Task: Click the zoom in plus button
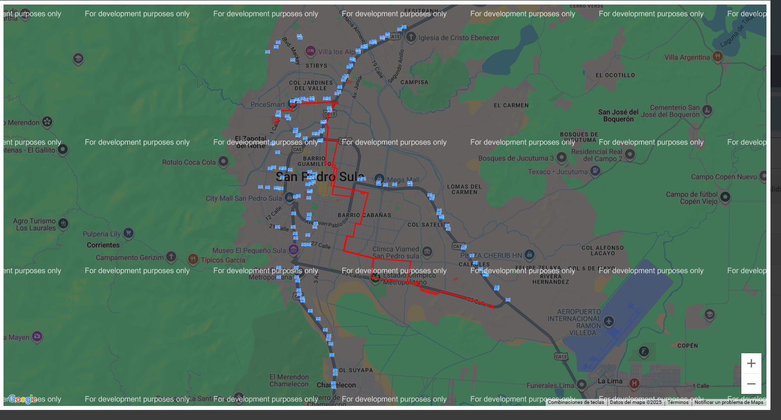pyautogui.click(x=751, y=363)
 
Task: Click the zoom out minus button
pyautogui.click(x=751, y=384)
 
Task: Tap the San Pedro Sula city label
pyautogui.click(x=320, y=177)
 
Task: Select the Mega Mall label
pyautogui.click(x=403, y=180)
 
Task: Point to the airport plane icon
pyautogui.click(x=609, y=321)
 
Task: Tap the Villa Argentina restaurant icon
pyautogui.click(x=717, y=57)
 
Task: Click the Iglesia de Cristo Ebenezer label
pyautogui.click(x=459, y=38)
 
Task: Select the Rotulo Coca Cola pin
pyautogui.click(x=223, y=162)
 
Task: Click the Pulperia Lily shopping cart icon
pyautogui.click(x=128, y=233)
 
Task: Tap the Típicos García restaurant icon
pyautogui.click(x=193, y=259)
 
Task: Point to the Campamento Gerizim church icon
pyautogui.click(x=171, y=257)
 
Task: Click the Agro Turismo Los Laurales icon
pyautogui.click(x=63, y=223)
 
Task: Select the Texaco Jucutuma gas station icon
pyautogui.click(x=595, y=171)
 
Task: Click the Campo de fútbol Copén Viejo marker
pyautogui.click(x=725, y=197)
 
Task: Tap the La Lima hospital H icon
pyautogui.click(x=634, y=384)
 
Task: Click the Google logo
pyautogui.click(x=23, y=399)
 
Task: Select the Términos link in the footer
pyautogui.click(x=678, y=402)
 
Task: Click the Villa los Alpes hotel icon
pyautogui.click(x=311, y=51)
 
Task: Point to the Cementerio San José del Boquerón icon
pyautogui.click(x=707, y=110)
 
